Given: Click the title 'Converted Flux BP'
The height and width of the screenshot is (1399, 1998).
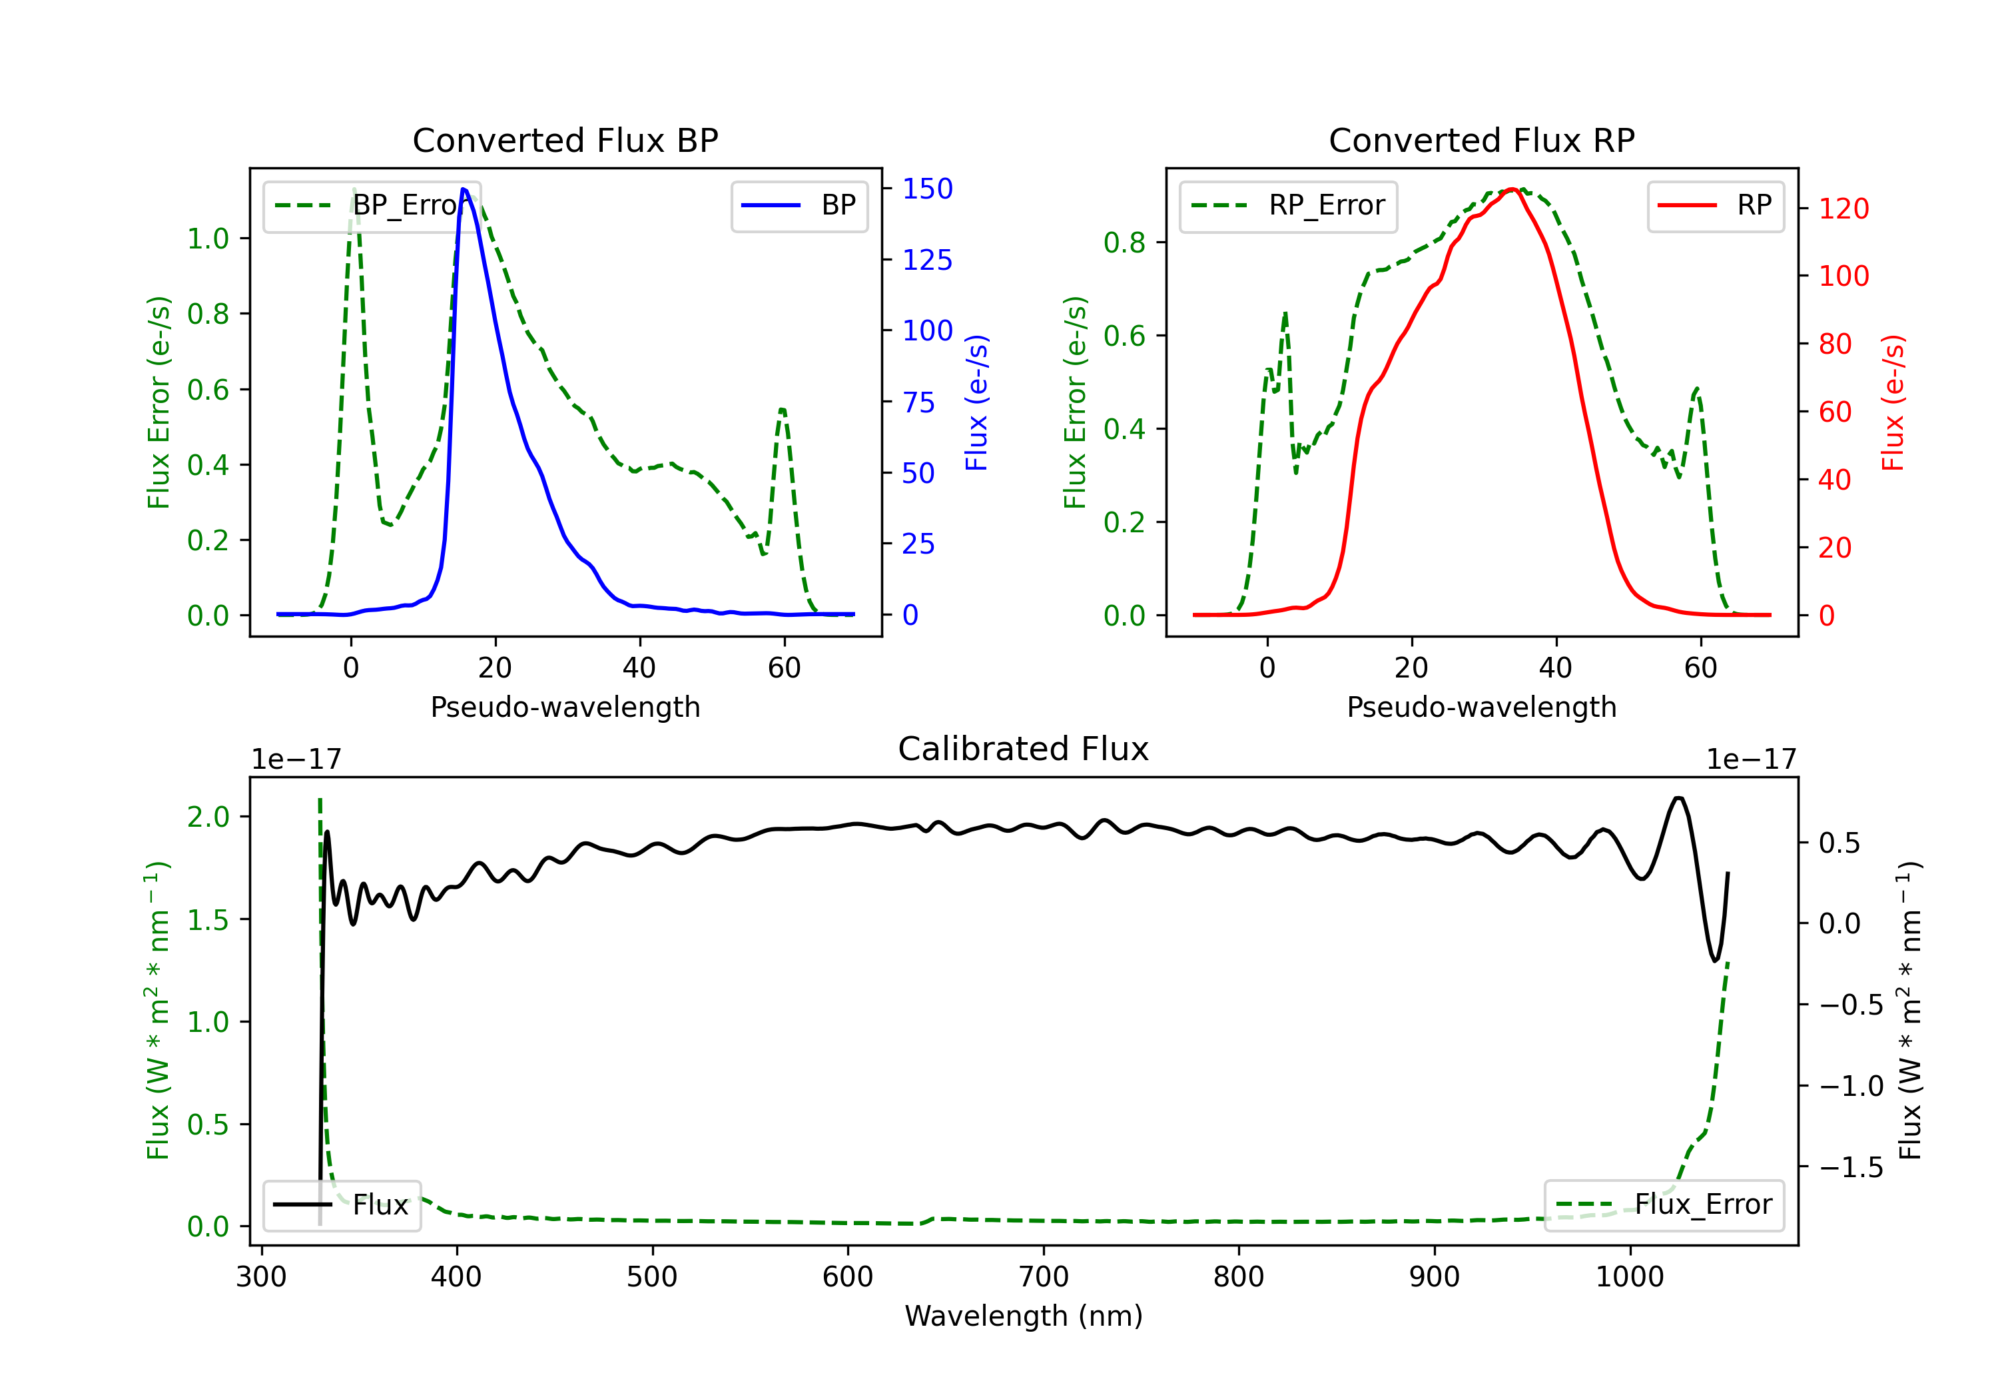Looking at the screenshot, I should click(565, 140).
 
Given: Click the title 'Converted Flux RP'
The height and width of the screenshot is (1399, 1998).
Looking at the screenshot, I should click(1481, 140).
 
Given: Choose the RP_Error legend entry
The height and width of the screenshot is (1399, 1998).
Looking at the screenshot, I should click(1288, 205).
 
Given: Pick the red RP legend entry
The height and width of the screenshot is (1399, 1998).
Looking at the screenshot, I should click(1715, 205).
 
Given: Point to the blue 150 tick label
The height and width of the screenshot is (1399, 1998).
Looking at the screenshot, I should click(927, 189).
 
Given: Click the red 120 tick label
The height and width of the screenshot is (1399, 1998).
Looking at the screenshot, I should click(1843, 209).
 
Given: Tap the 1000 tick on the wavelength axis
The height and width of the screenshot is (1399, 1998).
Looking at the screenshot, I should click(1629, 1277).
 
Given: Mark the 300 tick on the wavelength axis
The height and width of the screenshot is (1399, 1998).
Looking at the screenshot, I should click(261, 1277).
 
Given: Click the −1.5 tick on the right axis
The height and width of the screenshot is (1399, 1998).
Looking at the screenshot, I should click(1850, 1167).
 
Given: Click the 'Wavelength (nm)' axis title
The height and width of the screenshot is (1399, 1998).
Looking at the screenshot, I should click(1024, 1316).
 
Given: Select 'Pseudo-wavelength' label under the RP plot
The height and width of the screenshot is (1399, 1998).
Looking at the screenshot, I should click(1481, 707).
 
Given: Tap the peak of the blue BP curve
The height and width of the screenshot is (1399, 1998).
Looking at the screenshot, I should click(464, 189).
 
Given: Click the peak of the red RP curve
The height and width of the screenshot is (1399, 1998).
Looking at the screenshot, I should click(1512, 189).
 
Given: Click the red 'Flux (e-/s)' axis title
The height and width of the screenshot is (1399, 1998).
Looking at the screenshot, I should click(1893, 402).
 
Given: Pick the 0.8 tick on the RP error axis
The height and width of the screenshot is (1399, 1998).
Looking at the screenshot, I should click(1124, 243).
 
